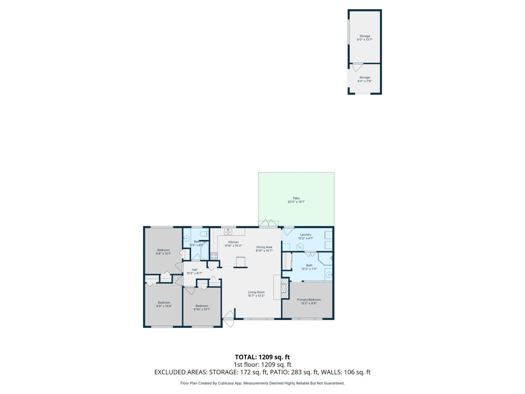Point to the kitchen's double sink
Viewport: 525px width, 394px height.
pyautogui.click(x=228, y=232)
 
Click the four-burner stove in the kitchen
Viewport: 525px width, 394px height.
pyautogui.click(x=214, y=256)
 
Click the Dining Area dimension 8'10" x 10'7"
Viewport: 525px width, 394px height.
pyautogui.click(x=264, y=251)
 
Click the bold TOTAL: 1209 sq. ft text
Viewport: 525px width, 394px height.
pyautogui.click(x=262, y=357)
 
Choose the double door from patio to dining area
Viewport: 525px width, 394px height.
pyautogui.click(x=268, y=223)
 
